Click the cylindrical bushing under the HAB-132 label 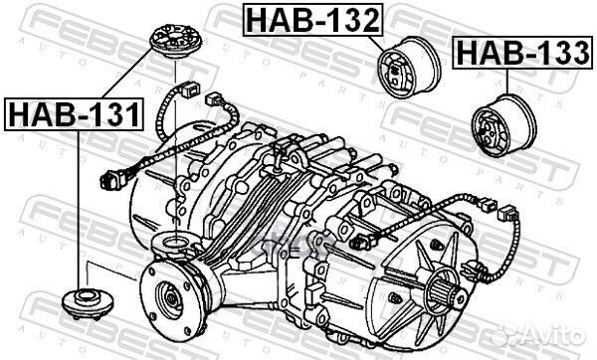[x=410, y=68]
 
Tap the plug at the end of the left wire [x=111, y=183]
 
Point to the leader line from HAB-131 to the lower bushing [x=77, y=209]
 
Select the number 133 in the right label [x=555, y=52]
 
